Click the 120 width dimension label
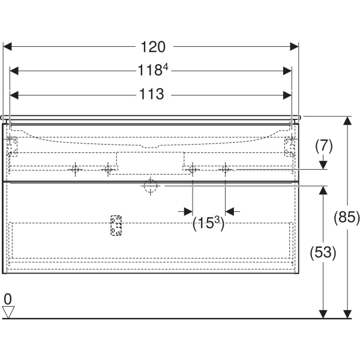[152, 47]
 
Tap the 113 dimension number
[151, 94]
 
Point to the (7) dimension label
[323, 145]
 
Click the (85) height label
[346, 217]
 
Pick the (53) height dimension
[323, 252]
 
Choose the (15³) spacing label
[208, 224]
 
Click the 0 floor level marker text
[8, 299]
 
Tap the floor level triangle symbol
[8, 311]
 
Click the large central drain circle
[149, 187]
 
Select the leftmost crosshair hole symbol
[75, 170]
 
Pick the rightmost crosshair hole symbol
[226, 170]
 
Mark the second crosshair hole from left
[108, 170]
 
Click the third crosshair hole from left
[192, 170]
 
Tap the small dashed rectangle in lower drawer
[116, 226]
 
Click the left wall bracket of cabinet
[11, 145]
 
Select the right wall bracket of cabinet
[290, 145]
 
